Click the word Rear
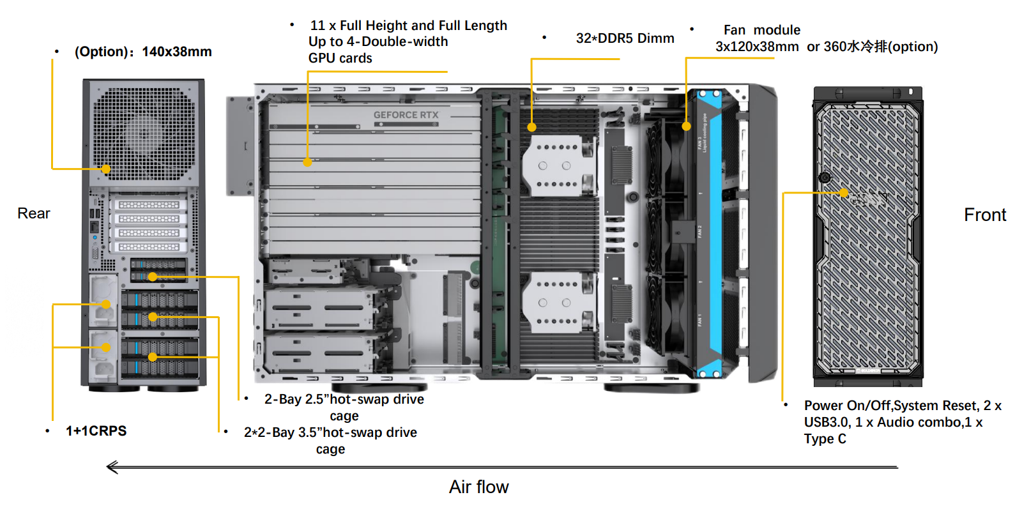(x=34, y=213)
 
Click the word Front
(x=985, y=215)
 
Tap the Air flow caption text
(x=478, y=487)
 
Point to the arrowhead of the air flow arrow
(x=111, y=468)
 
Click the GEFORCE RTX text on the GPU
(x=406, y=115)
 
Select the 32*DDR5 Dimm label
(x=625, y=38)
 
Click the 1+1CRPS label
(x=96, y=431)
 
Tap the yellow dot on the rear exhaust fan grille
(x=106, y=169)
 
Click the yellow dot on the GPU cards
(x=307, y=163)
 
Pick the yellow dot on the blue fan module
(x=687, y=126)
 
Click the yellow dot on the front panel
(x=844, y=193)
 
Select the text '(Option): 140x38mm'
(x=143, y=52)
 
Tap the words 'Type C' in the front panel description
(x=825, y=439)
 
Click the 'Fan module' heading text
(x=761, y=30)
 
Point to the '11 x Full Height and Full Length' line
(x=408, y=26)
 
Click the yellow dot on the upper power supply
(x=106, y=305)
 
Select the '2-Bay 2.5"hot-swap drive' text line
(x=344, y=399)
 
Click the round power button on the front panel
(x=825, y=178)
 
